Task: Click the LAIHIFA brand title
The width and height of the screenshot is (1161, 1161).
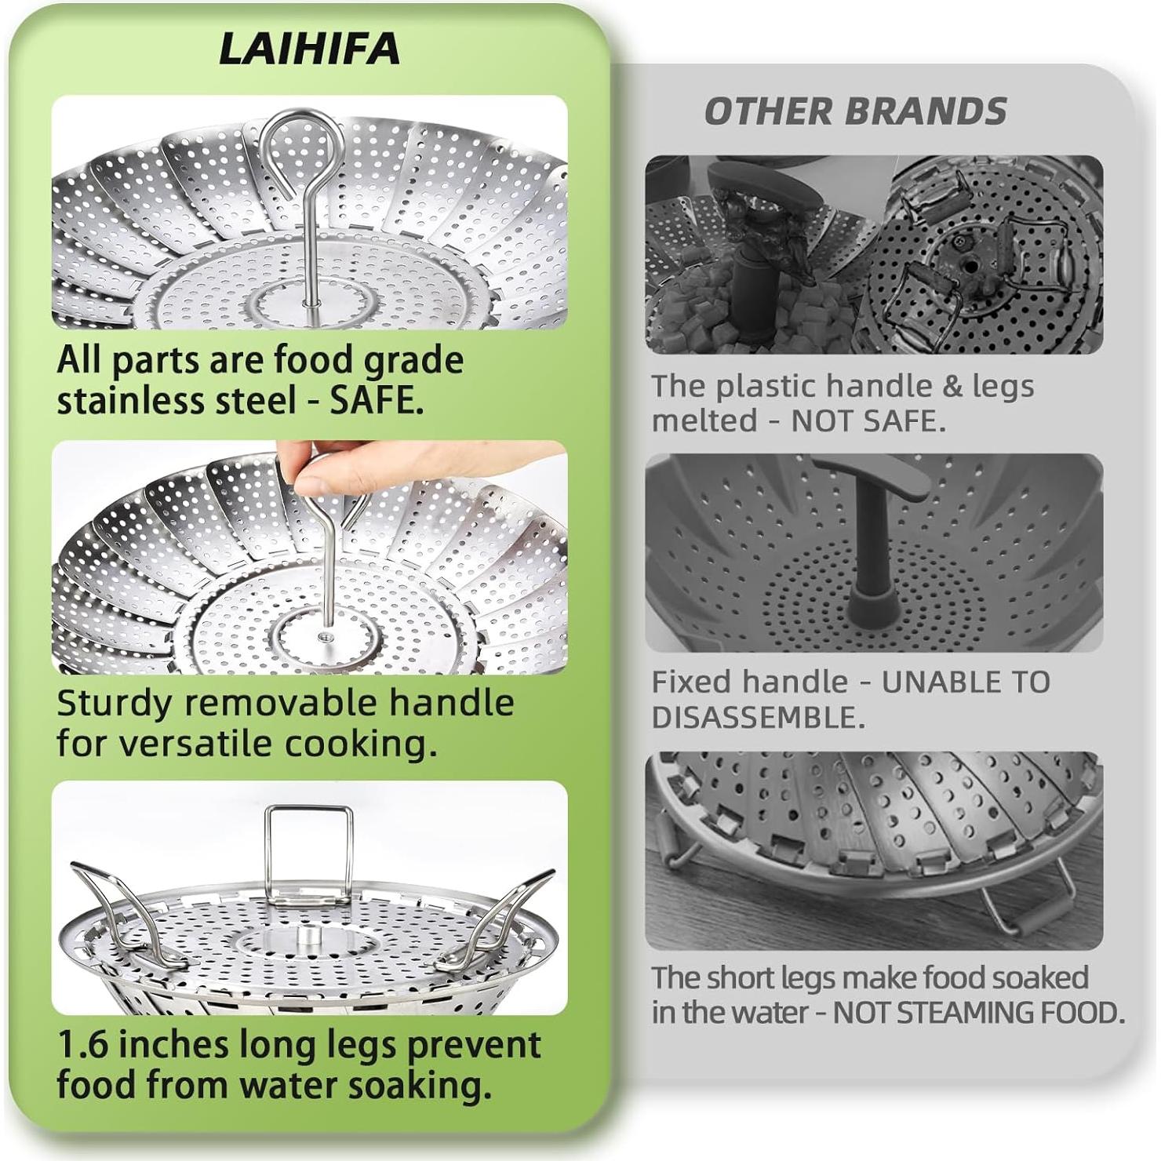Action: (309, 49)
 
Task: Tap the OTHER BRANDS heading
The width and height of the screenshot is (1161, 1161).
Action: (855, 111)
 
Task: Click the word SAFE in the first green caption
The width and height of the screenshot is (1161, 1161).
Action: (375, 401)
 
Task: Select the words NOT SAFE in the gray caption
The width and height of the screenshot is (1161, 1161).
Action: (868, 421)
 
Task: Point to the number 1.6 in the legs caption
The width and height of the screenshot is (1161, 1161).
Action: (84, 1045)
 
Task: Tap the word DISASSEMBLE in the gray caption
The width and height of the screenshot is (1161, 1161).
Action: (758, 717)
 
